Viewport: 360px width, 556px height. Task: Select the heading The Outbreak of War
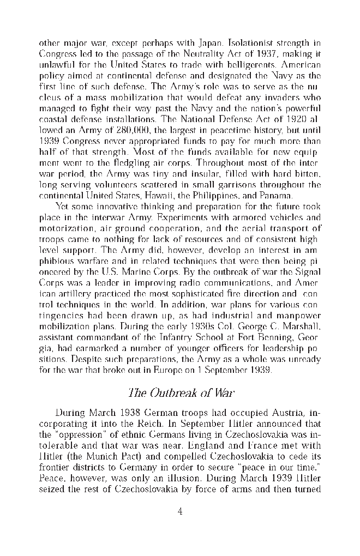point(180,392)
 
